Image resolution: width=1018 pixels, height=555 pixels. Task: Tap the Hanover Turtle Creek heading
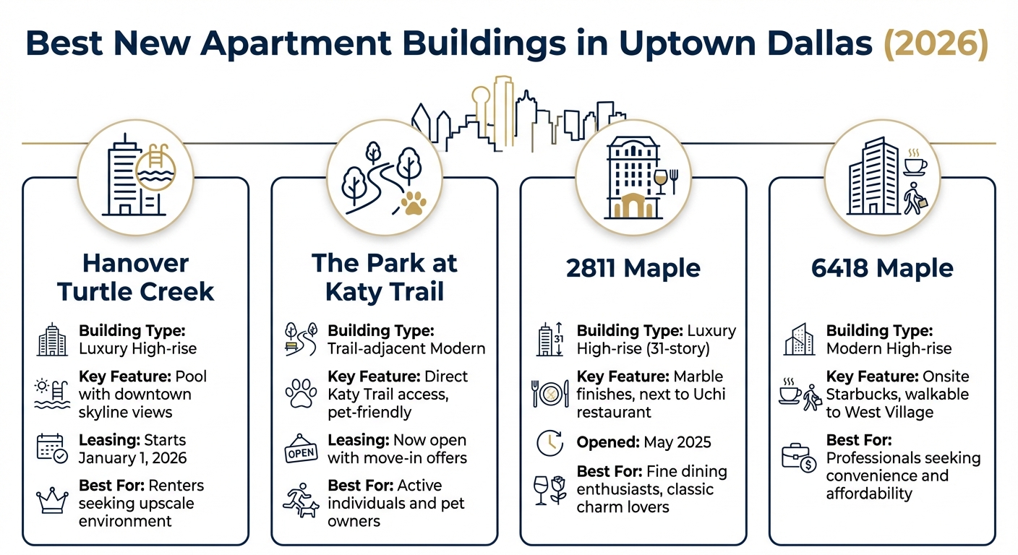136,277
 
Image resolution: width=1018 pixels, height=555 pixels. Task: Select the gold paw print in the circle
414,204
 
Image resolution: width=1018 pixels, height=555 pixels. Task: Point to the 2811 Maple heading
633,269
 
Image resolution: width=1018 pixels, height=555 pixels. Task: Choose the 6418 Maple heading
882,269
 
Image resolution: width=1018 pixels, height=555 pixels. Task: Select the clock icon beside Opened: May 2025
549,443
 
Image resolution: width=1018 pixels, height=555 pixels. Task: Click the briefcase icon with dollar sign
799,457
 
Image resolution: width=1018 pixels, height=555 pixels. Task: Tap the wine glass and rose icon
549,489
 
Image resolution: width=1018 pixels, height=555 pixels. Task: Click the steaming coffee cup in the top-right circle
915,163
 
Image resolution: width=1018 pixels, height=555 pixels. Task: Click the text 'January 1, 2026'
132,458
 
